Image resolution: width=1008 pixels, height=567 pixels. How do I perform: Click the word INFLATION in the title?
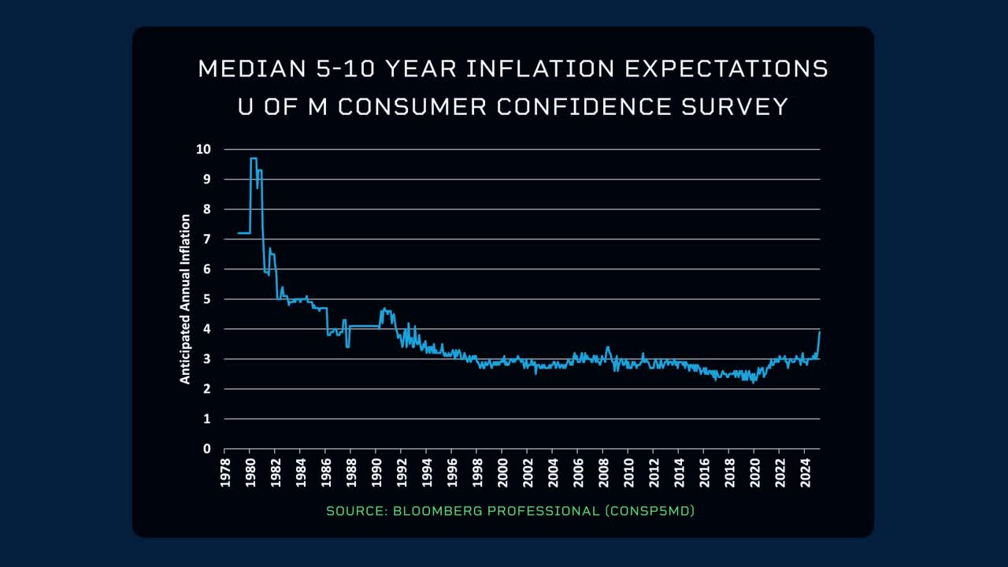pos(540,69)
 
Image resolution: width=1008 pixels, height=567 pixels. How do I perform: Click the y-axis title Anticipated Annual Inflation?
pos(186,299)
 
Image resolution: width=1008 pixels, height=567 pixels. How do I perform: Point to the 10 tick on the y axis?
pos(204,149)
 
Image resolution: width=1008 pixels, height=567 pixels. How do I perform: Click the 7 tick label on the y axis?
pos(207,239)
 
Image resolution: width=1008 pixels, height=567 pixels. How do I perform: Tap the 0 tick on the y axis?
pos(207,449)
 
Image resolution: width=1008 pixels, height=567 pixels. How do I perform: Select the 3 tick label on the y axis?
pos(207,359)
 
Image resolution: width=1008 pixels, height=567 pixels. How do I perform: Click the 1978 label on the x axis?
pos(224,472)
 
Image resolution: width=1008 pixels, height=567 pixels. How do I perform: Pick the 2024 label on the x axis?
pos(806,472)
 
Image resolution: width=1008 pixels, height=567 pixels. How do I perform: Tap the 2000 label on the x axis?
pos(502,472)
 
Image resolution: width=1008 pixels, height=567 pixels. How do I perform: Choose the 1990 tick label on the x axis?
pos(376,472)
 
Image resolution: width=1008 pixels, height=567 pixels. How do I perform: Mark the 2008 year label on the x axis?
pos(604,472)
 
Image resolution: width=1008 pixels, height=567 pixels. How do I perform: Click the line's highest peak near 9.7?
pos(253,158)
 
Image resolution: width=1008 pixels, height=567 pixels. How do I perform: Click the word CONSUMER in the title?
pos(412,106)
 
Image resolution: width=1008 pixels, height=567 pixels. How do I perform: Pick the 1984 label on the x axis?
pos(301,472)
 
